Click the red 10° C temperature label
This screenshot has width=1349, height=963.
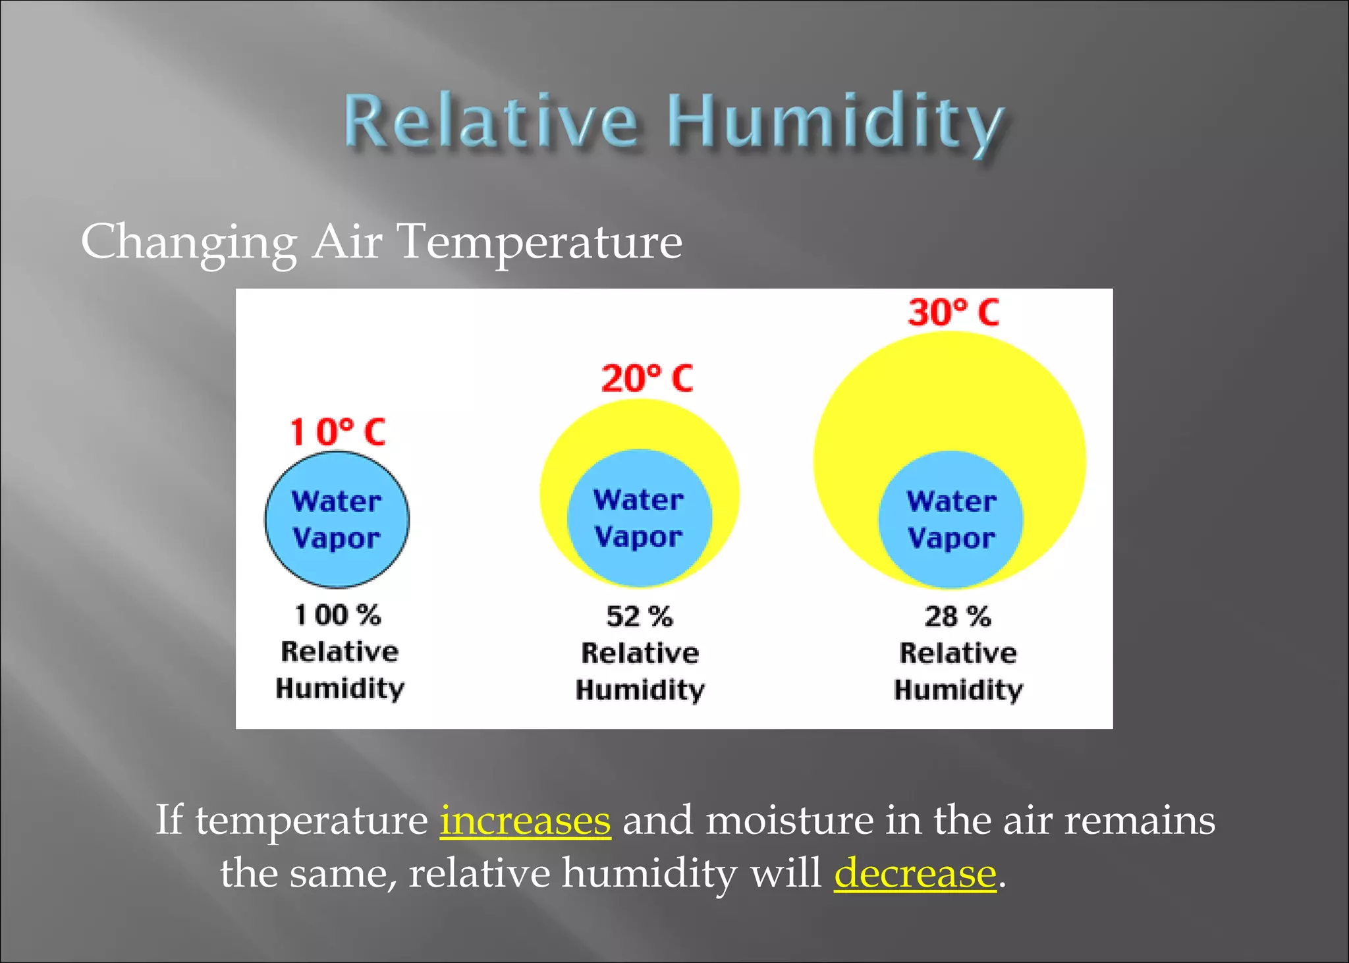[338, 433]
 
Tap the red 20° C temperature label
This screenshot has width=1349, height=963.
[647, 379]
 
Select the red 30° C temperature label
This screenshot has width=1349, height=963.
[953, 312]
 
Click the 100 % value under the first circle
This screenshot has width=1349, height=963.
[338, 615]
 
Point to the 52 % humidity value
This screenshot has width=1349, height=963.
[640, 617]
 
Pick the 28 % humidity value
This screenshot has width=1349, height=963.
[958, 617]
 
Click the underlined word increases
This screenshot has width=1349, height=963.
[525, 821]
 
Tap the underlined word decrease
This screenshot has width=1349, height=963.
[915, 873]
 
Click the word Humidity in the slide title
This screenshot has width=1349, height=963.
[835, 122]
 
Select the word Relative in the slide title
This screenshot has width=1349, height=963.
[491, 122]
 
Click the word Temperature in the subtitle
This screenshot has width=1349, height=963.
[540, 242]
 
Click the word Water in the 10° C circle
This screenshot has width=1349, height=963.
[337, 502]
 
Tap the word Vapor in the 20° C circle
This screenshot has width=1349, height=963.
[638, 537]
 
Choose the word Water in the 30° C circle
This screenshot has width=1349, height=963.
[951, 502]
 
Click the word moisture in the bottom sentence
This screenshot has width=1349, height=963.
[789, 821]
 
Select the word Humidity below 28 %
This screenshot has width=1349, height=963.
[958, 690]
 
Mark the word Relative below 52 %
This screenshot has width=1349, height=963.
[640, 653]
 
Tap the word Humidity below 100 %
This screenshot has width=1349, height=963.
[340, 689]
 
